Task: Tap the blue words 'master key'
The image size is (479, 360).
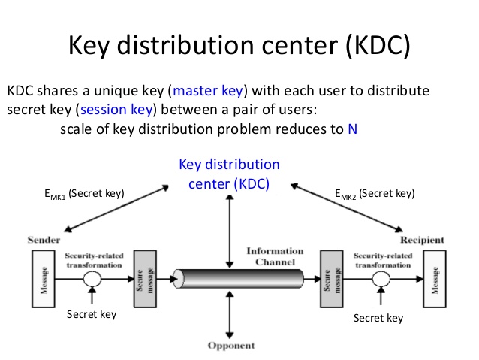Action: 208,92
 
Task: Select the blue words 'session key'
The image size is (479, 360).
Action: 119,110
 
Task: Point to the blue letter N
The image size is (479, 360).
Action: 352,129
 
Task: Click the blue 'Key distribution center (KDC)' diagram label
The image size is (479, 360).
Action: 229,174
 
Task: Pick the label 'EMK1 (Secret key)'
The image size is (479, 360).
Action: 83,194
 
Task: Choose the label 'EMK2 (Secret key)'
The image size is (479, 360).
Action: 375,194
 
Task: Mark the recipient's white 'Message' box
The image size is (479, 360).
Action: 433,277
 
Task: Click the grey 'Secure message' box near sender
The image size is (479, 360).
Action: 143,277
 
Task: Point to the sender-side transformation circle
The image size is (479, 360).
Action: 92,277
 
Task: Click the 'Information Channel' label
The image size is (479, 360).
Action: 275,256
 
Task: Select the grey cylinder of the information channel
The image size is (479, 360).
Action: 238,277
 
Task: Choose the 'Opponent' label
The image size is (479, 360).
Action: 231,346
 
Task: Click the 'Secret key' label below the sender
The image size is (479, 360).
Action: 92,314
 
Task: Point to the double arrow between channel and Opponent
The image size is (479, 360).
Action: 230,313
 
